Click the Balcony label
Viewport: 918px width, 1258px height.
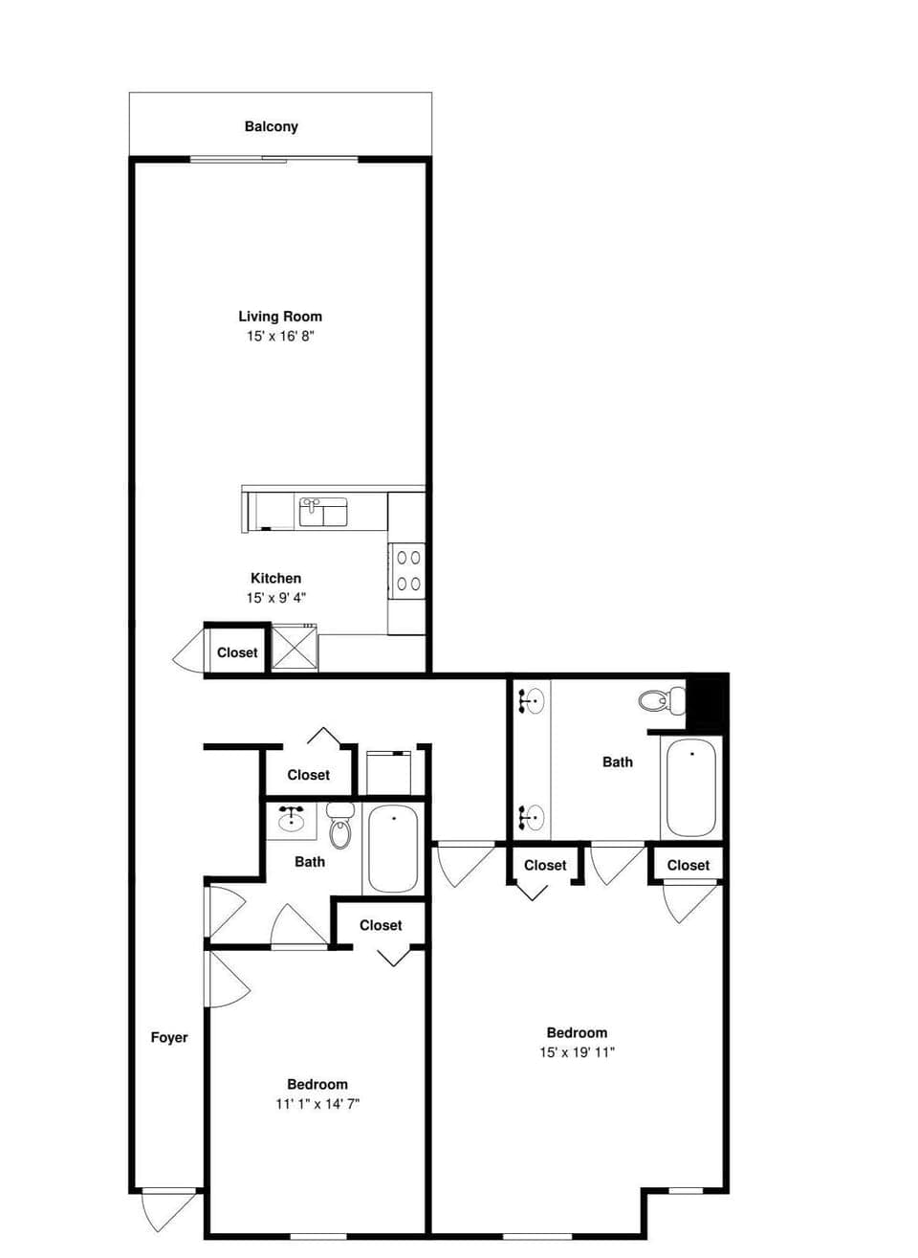pyautogui.click(x=271, y=126)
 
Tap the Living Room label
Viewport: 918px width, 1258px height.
pyautogui.click(x=280, y=316)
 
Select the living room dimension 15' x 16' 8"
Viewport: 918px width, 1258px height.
pyautogui.click(x=280, y=337)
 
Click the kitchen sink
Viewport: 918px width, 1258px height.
pyautogui.click(x=323, y=513)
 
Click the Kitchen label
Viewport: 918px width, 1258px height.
pyautogui.click(x=275, y=578)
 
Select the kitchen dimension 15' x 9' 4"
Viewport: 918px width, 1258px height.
pyautogui.click(x=275, y=598)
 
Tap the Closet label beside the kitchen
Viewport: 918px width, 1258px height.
pyautogui.click(x=237, y=652)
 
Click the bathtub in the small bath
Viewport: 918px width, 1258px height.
pyautogui.click(x=393, y=849)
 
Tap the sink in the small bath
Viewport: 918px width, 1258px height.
pyautogui.click(x=292, y=819)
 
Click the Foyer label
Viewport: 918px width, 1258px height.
pyautogui.click(x=169, y=1037)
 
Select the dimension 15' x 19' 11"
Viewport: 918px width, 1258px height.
pyautogui.click(x=577, y=1052)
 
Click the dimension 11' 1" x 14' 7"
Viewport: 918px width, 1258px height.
pyautogui.click(x=317, y=1104)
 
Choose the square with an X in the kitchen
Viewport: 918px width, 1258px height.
pyautogui.click(x=295, y=647)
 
